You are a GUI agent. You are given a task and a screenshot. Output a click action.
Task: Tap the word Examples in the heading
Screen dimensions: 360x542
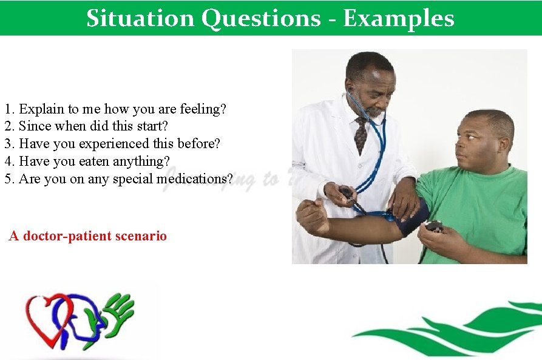[398, 18]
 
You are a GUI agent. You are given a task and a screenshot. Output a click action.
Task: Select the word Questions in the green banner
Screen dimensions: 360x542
[260, 18]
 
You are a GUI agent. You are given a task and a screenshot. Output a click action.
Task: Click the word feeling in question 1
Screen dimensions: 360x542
[204, 109]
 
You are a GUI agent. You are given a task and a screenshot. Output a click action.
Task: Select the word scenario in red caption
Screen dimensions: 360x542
[141, 236]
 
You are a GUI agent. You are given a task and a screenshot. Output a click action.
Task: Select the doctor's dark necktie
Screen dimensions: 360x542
[361, 135]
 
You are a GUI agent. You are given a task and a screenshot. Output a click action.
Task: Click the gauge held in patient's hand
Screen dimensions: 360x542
[433, 226]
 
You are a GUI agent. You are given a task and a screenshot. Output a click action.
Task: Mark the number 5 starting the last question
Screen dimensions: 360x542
[8, 179]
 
